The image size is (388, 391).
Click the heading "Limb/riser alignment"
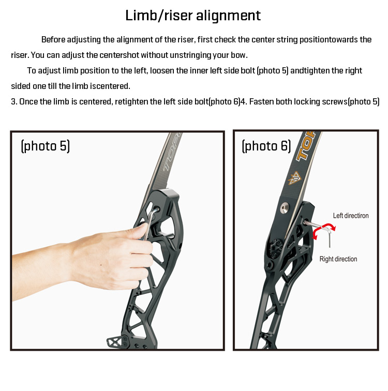coord(193,16)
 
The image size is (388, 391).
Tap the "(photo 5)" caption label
coord(45,146)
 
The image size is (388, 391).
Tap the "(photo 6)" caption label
coord(266,146)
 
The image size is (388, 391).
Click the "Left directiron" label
coord(351,216)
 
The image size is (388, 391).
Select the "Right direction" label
coord(338,259)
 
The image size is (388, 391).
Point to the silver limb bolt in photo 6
coord(285,207)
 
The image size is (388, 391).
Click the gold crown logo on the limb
coord(294,178)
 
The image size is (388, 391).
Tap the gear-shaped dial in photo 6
coord(275,248)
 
